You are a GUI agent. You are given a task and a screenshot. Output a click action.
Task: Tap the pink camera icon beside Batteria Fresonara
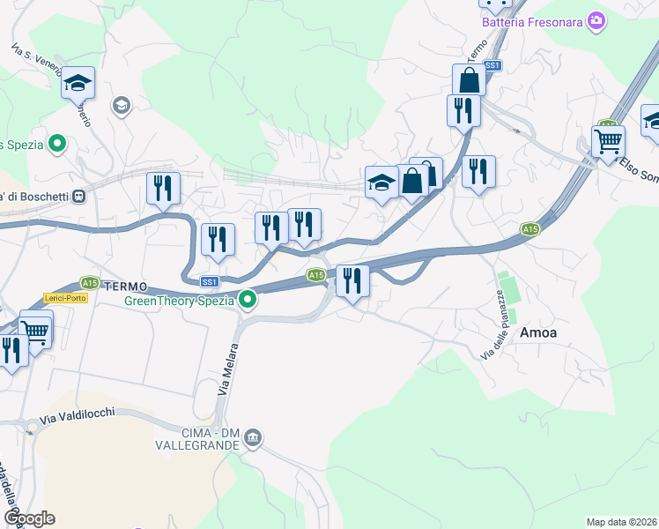click(x=596, y=19)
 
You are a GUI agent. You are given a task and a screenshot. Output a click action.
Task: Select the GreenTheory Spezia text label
click(x=179, y=301)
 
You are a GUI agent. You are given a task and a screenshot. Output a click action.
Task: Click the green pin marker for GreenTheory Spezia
click(x=248, y=301)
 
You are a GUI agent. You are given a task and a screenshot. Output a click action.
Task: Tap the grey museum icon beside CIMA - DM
click(x=253, y=437)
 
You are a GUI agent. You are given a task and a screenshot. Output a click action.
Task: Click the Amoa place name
click(x=539, y=332)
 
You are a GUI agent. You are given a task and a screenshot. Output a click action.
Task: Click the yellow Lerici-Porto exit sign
click(x=65, y=298)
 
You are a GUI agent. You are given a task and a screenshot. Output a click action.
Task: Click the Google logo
click(x=28, y=518)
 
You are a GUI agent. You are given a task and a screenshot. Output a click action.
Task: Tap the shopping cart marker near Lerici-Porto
click(x=35, y=329)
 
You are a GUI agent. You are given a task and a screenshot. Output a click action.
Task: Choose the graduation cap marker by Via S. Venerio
click(x=78, y=82)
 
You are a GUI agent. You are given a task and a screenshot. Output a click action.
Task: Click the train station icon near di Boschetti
click(x=78, y=195)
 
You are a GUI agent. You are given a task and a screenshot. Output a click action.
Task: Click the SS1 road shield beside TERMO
click(x=209, y=282)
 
